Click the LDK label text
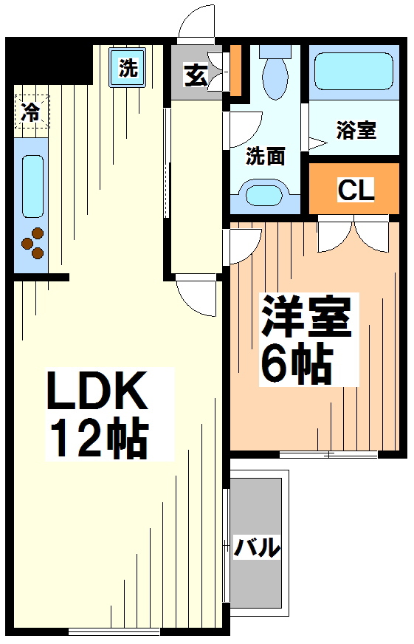coord(97,390)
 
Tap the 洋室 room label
coord(306,317)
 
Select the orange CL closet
coord(353,188)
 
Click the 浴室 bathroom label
coord(356,130)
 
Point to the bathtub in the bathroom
coord(353,71)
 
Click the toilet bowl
coord(275,74)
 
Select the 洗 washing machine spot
coord(127,67)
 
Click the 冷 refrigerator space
coord(32,112)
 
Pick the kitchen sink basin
coord(32,186)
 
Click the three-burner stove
coord(32,243)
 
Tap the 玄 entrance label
coord(196,75)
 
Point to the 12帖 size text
coord(97,437)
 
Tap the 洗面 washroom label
coord(265,156)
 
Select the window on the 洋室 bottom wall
coord(328,455)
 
